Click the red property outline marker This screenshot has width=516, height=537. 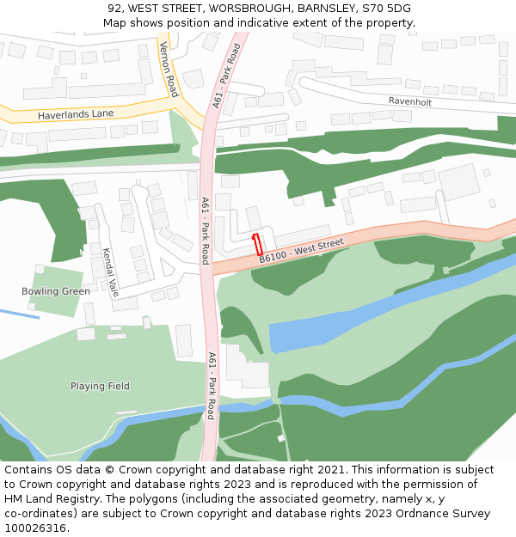(256, 242)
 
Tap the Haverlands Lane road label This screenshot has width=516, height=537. (76, 114)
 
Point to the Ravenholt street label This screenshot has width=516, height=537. (409, 101)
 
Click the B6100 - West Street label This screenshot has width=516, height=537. (301, 252)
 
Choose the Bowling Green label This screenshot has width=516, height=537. (56, 291)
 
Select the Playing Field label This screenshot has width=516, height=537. (100, 386)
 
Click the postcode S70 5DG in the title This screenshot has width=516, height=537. (388, 9)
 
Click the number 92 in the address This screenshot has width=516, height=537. (114, 9)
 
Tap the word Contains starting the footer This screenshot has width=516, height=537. (28, 470)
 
